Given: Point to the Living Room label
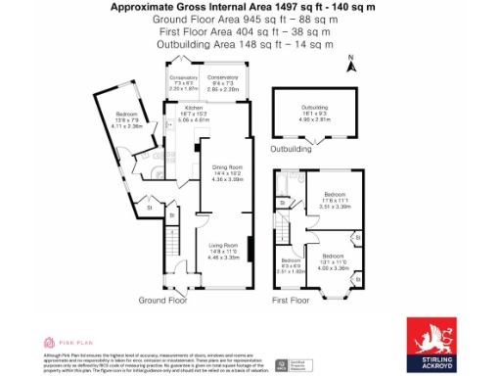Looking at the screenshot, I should coord(223,249).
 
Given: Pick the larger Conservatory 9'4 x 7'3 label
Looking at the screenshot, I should coord(223,82).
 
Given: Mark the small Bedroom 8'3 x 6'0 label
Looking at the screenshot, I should coord(291,263).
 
